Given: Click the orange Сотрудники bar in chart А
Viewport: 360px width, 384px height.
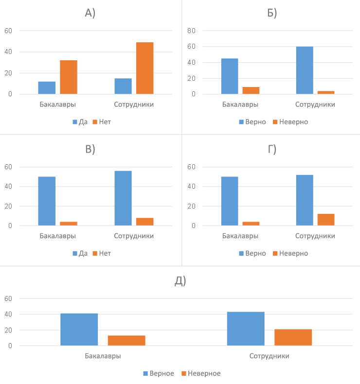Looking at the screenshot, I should [144, 68].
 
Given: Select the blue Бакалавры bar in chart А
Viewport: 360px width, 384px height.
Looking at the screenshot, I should [47, 88].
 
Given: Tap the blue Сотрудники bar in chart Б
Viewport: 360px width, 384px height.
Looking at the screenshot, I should [304, 70].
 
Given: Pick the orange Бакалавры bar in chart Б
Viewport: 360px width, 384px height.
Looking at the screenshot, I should [251, 90].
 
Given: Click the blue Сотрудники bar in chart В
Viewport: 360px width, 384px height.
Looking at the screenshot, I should [123, 198].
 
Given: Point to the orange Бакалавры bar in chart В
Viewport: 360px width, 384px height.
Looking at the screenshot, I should [69, 224].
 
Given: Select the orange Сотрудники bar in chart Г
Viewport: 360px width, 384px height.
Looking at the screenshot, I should [326, 220].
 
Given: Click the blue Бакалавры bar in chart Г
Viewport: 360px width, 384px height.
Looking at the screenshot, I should [230, 201].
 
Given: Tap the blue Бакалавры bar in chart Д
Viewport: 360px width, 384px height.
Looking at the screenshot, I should [79, 330].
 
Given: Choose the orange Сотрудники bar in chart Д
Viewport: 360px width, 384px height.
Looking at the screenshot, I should [293, 337].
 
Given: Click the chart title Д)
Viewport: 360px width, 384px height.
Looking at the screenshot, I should [180, 280].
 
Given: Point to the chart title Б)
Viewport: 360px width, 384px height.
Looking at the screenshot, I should [272, 13].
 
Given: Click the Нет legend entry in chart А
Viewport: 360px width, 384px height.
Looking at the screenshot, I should [101, 122].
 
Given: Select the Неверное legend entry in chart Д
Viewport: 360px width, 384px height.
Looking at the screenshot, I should [200, 373].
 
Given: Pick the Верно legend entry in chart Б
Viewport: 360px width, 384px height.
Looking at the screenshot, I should [252, 122].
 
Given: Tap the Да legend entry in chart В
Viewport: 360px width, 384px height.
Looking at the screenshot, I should [80, 253].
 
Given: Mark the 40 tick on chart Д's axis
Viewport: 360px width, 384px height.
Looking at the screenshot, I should [8, 314].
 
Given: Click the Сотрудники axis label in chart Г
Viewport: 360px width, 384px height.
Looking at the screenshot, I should [315, 236].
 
